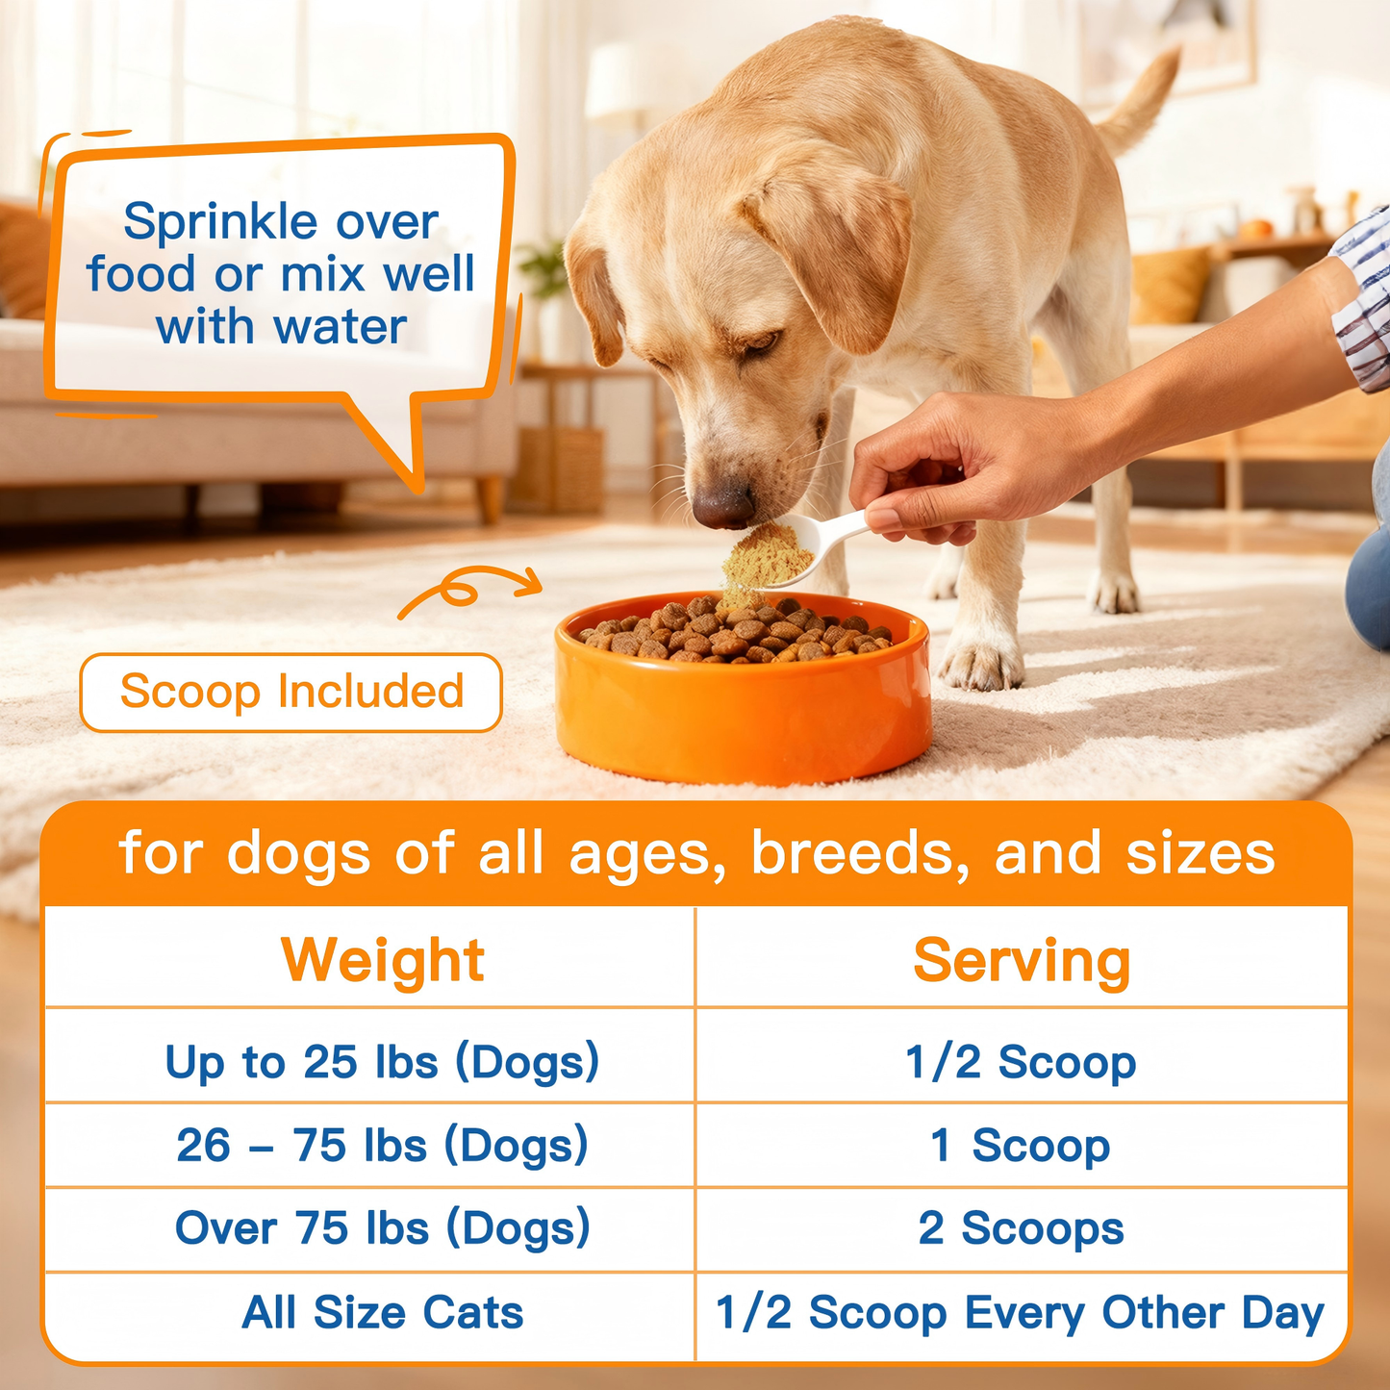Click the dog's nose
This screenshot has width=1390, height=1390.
(721, 503)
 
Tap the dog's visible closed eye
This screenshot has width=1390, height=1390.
(759, 342)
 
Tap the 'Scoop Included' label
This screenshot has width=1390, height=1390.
(291, 692)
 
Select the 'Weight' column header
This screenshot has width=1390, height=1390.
(382, 960)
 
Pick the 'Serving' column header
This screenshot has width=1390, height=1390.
(1022, 960)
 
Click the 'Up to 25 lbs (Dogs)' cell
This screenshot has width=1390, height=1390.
(382, 1062)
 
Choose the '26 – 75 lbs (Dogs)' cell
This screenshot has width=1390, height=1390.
(382, 1146)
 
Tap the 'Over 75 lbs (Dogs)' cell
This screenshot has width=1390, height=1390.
(382, 1228)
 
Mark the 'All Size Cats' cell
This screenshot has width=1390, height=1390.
(382, 1313)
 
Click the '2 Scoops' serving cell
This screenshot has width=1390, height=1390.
(1022, 1228)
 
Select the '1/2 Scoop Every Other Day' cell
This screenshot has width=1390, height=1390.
(1022, 1313)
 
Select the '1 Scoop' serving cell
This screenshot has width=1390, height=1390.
(1022, 1146)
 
